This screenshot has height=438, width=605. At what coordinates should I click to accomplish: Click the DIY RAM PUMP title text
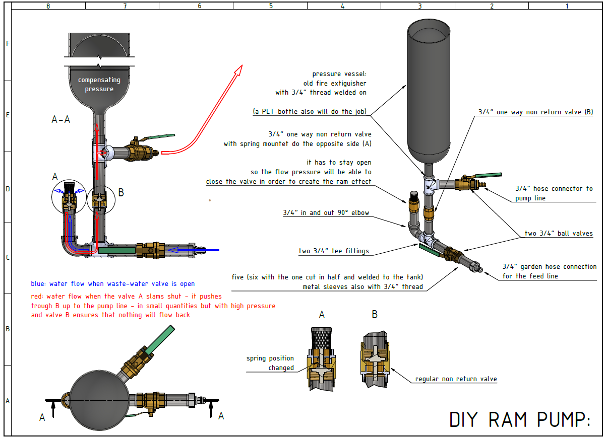(x=519, y=419)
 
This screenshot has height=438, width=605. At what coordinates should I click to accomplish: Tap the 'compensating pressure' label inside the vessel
(x=99, y=85)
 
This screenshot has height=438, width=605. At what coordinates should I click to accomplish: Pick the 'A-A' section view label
(x=61, y=119)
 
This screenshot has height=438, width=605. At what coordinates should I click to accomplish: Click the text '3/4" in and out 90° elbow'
(x=326, y=213)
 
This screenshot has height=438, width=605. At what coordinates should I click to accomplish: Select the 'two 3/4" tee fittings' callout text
(x=334, y=251)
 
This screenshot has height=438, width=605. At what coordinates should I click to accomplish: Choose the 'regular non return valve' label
(x=456, y=379)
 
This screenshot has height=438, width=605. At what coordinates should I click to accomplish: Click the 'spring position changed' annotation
(x=270, y=363)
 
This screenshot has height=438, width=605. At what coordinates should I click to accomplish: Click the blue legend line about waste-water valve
(x=112, y=284)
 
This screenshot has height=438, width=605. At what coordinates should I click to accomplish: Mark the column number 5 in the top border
(x=271, y=6)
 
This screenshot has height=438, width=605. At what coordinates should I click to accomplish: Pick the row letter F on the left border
(x=8, y=44)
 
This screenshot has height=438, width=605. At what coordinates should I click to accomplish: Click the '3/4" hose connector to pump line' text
(x=554, y=193)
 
